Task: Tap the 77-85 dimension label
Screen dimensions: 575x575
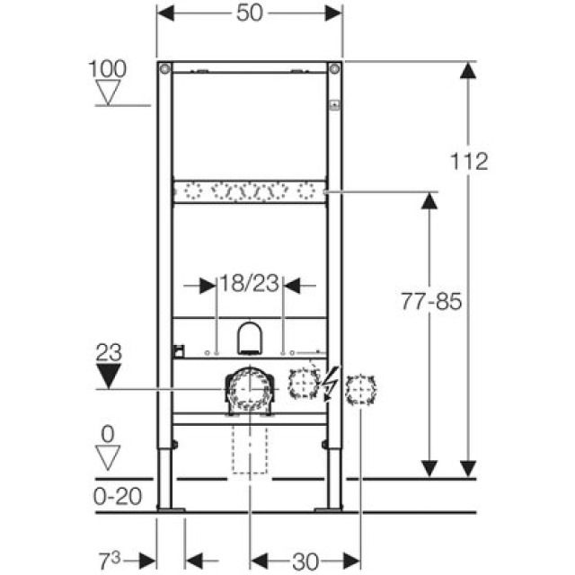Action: click(x=430, y=303)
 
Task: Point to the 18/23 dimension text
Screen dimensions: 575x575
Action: click(x=249, y=285)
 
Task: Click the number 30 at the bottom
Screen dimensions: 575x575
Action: click(x=306, y=562)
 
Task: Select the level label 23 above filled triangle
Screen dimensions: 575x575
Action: click(x=108, y=352)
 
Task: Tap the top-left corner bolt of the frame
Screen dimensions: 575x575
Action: click(x=164, y=69)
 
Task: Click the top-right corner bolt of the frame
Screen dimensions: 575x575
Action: click(x=334, y=69)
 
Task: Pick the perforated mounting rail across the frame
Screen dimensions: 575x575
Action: click(x=249, y=190)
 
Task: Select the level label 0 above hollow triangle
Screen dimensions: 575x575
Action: click(x=108, y=434)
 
